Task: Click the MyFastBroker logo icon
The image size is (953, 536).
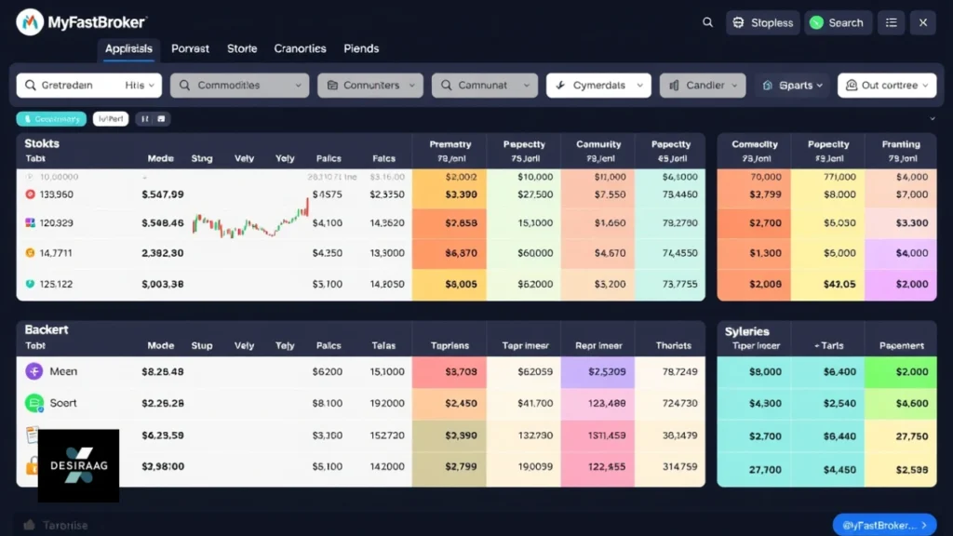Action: (x=30, y=21)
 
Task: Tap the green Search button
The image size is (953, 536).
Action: (x=836, y=23)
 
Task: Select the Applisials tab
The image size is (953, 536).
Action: (x=128, y=48)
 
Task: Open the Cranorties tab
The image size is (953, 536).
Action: (x=300, y=48)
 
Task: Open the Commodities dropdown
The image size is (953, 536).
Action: (x=239, y=86)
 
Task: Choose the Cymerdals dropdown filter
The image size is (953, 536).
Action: (x=597, y=86)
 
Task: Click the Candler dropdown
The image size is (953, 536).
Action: (x=703, y=86)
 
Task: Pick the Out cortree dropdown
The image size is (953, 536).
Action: (x=887, y=86)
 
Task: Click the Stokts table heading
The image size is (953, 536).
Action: (x=42, y=143)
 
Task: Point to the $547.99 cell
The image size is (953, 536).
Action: (x=163, y=194)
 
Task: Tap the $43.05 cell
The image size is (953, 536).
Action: (x=828, y=284)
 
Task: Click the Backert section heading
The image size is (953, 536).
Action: (x=47, y=330)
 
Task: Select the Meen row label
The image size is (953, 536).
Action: (x=63, y=371)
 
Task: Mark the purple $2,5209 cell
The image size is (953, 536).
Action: (x=597, y=372)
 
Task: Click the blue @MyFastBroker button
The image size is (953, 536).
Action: (x=884, y=525)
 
